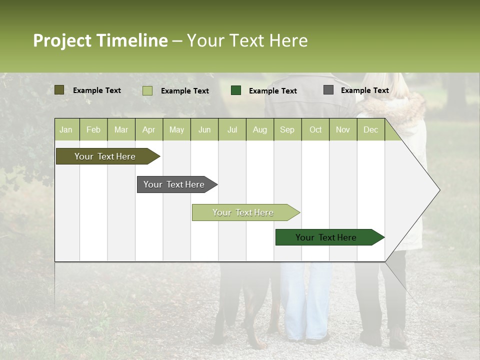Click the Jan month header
[66, 129]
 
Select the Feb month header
[93, 129]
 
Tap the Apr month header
[149, 129]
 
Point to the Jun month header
[204, 129]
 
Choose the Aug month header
[260, 129]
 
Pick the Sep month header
[287, 129]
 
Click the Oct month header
[315, 129]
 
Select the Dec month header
[371, 129]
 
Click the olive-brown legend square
[59, 90]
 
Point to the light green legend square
[147, 90]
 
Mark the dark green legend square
[236, 90]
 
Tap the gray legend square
[328, 90]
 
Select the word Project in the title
[62, 40]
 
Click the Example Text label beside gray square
[364, 90]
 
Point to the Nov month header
[343, 129]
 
